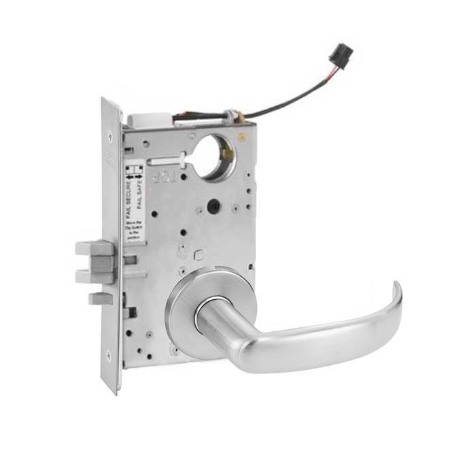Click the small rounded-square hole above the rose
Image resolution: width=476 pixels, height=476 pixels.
pos(200,254)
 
